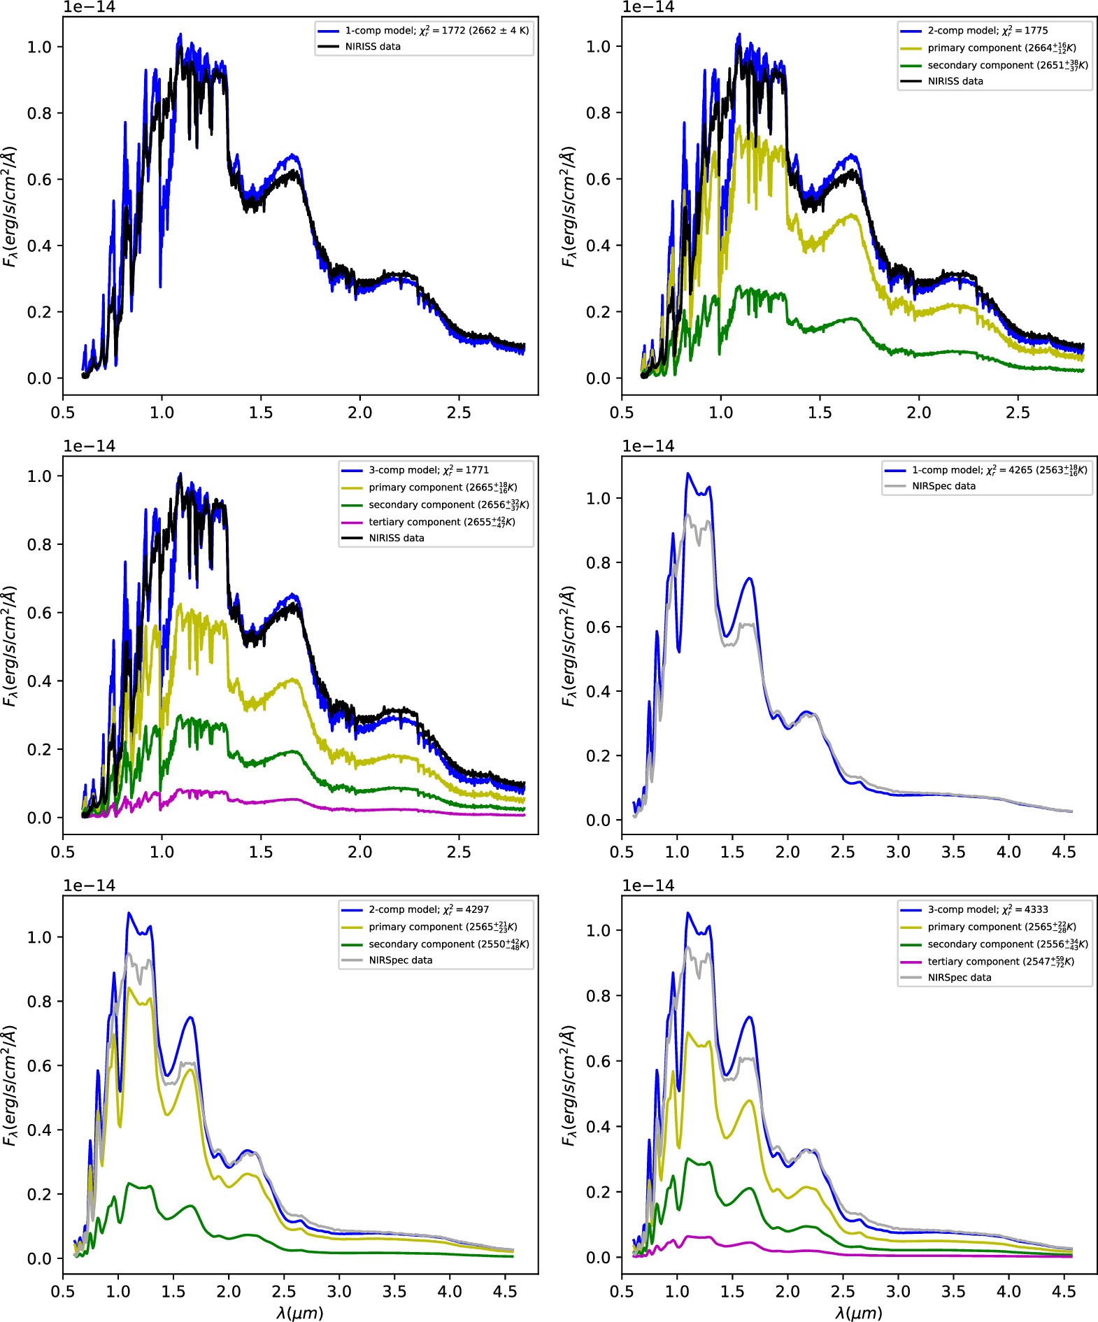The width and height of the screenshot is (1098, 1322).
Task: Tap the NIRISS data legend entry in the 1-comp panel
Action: click(x=372, y=47)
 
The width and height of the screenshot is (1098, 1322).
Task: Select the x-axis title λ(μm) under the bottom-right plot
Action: click(x=859, y=1312)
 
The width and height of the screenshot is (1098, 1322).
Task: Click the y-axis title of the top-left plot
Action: click(x=10, y=206)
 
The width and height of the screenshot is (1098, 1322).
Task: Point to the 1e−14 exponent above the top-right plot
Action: click(x=648, y=7)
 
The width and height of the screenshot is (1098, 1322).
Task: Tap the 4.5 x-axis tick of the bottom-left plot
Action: click(x=506, y=1291)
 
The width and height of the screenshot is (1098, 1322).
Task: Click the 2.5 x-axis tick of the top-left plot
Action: click(x=459, y=413)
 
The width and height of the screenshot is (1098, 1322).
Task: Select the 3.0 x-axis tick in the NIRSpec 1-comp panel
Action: click(x=898, y=852)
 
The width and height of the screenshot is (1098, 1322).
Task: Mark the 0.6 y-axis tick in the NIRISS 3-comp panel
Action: click(x=39, y=613)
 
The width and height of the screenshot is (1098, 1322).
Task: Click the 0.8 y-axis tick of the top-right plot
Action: click(x=598, y=113)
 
